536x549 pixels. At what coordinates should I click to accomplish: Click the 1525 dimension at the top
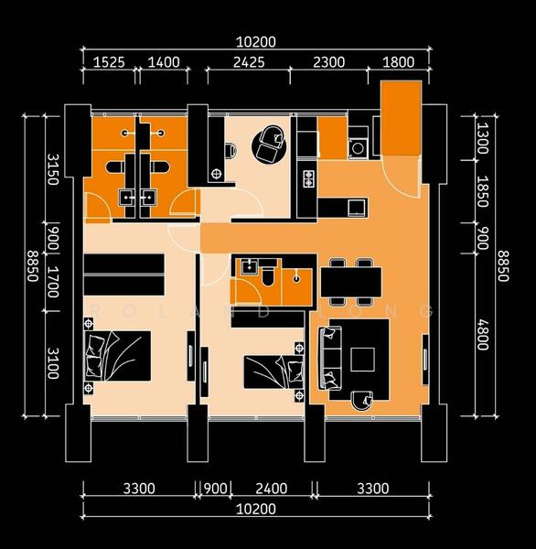tap(109, 62)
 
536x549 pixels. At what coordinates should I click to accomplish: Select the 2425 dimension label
tap(249, 62)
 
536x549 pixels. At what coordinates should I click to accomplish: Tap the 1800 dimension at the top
tap(399, 62)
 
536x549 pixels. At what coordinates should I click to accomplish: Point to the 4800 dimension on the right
tap(483, 334)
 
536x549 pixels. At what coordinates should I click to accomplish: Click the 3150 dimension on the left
tap(53, 169)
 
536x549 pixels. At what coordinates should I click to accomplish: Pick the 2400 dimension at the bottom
tap(272, 489)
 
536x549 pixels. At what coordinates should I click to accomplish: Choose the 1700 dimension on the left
tap(53, 282)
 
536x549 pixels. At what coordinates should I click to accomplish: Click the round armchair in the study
tap(269, 145)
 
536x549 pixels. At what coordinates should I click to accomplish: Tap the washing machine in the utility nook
tap(358, 148)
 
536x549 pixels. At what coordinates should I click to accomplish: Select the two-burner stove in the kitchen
tap(308, 178)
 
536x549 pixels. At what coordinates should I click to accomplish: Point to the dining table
tap(351, 282)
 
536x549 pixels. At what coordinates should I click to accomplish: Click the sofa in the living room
tap(330, 358)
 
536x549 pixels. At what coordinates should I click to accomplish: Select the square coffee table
tap(363, 360)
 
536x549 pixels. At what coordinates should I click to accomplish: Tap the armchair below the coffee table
tap(362, 401)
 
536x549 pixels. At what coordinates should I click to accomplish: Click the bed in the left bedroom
tap(118, 356)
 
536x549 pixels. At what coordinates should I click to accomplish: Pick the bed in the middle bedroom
tap(273, 371)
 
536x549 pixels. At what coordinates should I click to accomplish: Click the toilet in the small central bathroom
tap(269, 276)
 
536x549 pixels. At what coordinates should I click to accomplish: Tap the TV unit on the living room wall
tap(425, 360)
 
